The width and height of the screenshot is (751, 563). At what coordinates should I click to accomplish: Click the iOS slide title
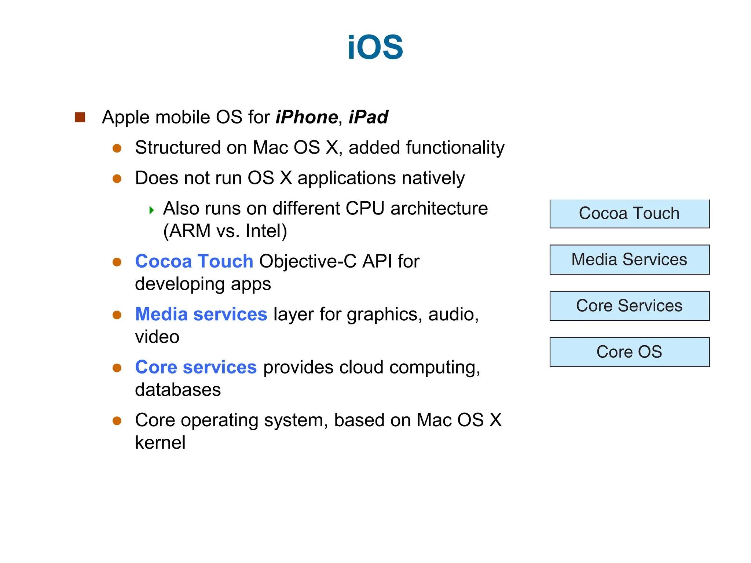pos(375,47)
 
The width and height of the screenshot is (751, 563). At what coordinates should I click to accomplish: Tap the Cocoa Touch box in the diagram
pos(629,214)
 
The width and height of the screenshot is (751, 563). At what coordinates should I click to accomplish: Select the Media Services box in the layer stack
pos(629,260)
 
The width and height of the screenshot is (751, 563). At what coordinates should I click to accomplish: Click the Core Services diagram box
pos(629,306)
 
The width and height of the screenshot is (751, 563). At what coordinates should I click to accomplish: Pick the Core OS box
pos(629,352)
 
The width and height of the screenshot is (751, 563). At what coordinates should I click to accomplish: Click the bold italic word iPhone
pos(307,117)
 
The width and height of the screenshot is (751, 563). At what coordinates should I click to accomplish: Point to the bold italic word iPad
pos(368,117)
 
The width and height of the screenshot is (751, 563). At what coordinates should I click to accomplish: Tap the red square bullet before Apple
pos(80,117)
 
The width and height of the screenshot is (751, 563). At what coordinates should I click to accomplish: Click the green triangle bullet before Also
pos(151,210)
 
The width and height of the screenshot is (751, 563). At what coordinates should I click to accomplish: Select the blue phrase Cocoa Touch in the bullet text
pos(194,261)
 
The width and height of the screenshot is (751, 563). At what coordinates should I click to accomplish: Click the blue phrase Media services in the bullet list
pos(201,314)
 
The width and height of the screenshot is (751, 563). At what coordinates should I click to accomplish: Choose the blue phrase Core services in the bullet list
pos(196,367)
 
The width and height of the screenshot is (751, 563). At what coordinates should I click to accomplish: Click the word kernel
pos(160,443)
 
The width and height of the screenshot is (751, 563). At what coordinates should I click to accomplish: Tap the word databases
pos(178,390)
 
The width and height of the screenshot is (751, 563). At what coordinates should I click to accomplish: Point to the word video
pos(157,337)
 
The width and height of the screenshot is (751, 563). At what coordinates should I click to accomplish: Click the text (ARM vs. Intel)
pos(225,231)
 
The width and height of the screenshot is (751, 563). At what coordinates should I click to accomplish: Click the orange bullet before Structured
pos(117,148)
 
